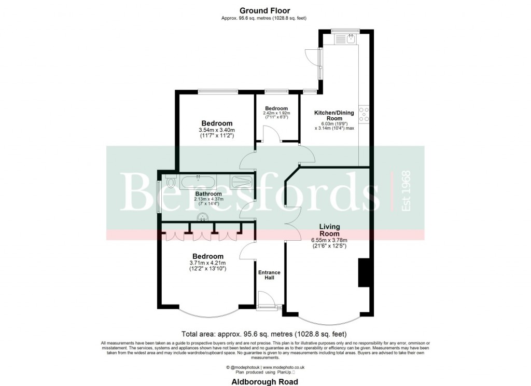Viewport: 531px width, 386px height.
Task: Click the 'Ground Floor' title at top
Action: point(264,10)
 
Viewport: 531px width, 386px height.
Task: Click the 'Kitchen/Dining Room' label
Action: point(334,115)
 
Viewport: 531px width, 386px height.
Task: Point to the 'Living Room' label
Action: point(329,230)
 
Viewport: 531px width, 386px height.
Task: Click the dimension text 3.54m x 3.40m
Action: point(217,130)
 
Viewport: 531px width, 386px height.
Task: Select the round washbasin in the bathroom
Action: point(202,217)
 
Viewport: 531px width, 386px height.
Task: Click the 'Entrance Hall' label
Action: point(270,275)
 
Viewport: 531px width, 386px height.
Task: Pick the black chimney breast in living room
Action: point(364,272)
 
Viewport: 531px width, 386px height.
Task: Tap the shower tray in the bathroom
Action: point(241,182)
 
